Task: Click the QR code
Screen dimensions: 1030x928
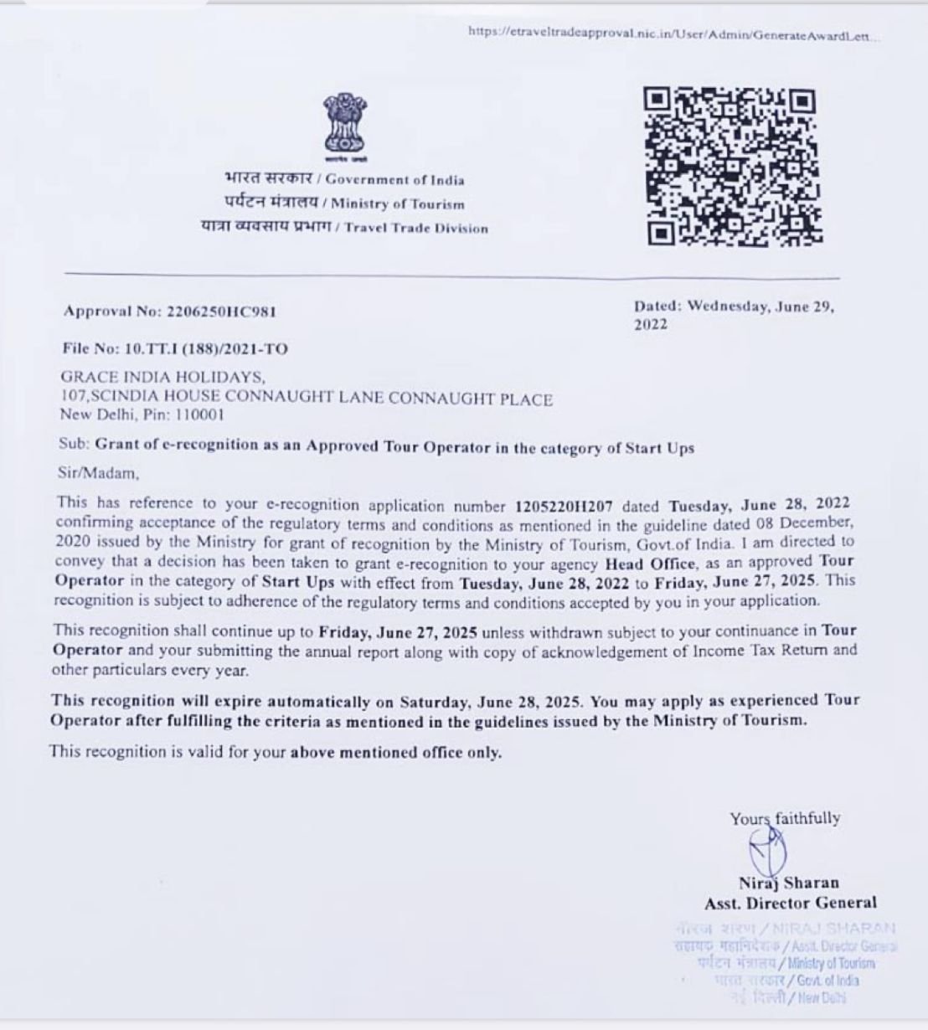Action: [732, 166]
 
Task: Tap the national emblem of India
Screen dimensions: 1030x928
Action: [344, 127]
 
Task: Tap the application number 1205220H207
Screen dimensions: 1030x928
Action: [565, 506]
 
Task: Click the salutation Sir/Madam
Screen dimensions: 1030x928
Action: [96, 473]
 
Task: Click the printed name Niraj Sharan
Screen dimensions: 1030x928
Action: [788, 883]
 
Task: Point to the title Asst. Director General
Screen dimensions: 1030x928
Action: [791, 903]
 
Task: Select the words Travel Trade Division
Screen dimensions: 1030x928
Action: [415, 228]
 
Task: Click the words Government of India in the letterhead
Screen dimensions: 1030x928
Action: [394, 179]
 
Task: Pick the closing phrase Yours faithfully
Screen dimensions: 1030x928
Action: [784, 818]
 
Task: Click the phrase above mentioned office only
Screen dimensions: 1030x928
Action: [395, 752]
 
